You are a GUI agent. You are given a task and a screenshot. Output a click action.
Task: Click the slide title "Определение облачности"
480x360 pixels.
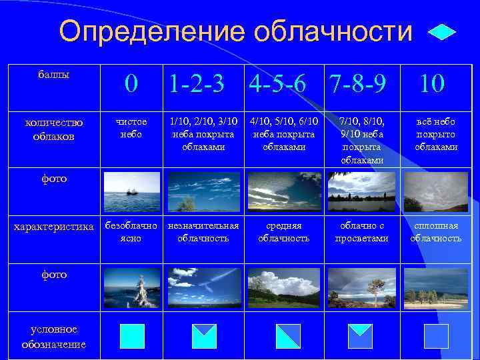[x=235, y=31]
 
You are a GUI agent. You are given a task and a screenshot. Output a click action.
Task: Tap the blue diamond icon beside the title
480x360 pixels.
[x=441, y=32]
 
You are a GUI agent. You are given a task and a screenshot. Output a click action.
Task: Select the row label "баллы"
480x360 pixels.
[x=53, y=75]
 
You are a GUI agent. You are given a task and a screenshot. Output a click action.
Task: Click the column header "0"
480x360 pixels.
[x=132, y=83]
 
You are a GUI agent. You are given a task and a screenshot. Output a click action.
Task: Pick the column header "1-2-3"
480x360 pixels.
[x=197, y=83]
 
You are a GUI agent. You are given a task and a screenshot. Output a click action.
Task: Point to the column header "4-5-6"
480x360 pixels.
[x=279, y=83]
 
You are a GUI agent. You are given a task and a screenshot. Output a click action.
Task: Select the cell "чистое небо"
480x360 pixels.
[x=131, y=128]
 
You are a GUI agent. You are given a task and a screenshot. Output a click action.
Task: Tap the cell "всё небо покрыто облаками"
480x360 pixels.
[x=436, y=134]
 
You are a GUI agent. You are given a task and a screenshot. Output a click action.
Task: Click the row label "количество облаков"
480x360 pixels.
[x=53, y=129]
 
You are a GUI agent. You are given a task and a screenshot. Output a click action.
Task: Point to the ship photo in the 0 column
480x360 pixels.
[x=131, y=191]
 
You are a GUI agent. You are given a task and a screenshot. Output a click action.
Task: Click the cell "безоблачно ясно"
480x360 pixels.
[x=131, y=232]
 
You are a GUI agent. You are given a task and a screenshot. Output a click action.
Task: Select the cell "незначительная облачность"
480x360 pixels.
[x=203, y=232]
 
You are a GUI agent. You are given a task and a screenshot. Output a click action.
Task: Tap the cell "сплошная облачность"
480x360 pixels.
[x=436, y=232]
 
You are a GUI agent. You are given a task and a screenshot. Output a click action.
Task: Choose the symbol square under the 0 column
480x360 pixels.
[x=132, y=336]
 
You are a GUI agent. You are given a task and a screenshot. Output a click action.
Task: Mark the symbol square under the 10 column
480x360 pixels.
[x=436, y=336]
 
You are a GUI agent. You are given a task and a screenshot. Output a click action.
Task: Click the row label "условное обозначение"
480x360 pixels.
[x=53, y=337]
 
